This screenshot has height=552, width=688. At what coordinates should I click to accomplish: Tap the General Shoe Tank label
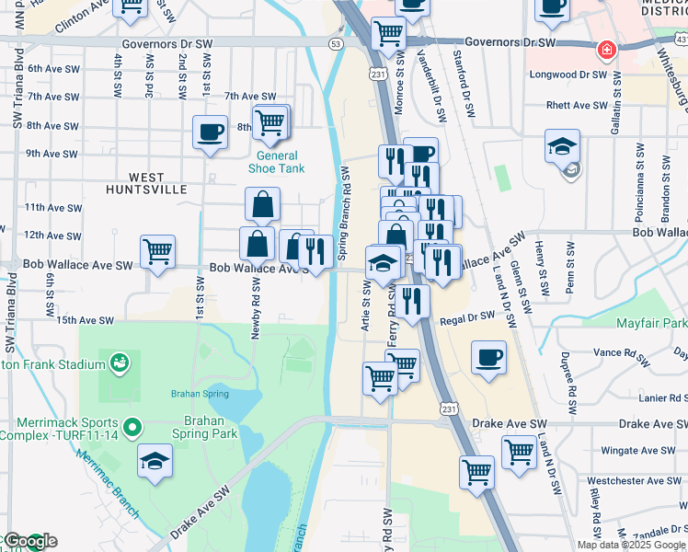[275, 162]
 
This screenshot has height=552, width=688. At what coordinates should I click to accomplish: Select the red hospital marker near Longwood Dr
[606, 50]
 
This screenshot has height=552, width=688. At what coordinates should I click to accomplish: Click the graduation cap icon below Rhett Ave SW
[562, 145]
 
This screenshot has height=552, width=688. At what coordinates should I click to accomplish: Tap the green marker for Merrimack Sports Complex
[132, 427]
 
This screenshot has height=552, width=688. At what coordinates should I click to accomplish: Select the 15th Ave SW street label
[85, 320]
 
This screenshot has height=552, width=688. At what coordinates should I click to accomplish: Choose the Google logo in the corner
[29, 542]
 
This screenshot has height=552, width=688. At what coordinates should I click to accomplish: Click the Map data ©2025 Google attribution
[631, 545]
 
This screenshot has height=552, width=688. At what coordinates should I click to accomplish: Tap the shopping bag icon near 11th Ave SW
[263, 205]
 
